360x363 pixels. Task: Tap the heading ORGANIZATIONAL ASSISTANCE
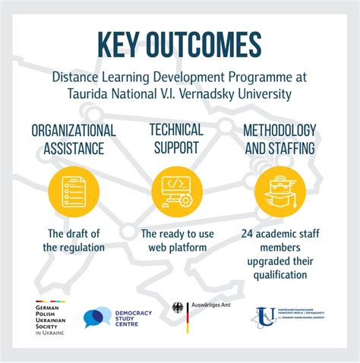pyautogui.click(x=74, y=138)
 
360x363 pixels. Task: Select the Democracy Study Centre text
pyautogui.click(x=134, y=317)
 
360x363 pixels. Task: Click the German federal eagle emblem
pyautogui.click(x=178, y=312)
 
